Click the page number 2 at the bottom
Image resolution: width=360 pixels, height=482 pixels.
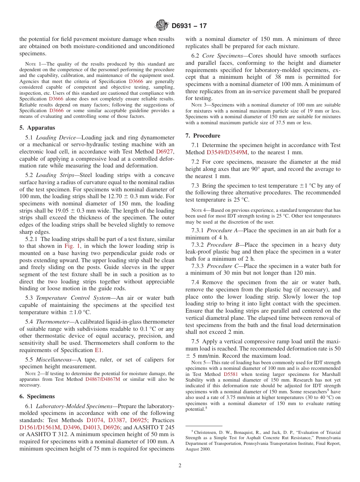[x=180, y=466]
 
